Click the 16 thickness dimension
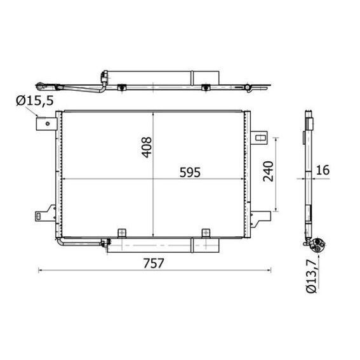tap(323, 170)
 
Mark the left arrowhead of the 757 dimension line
tap(41, 271)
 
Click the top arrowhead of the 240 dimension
tap(276, 138)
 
